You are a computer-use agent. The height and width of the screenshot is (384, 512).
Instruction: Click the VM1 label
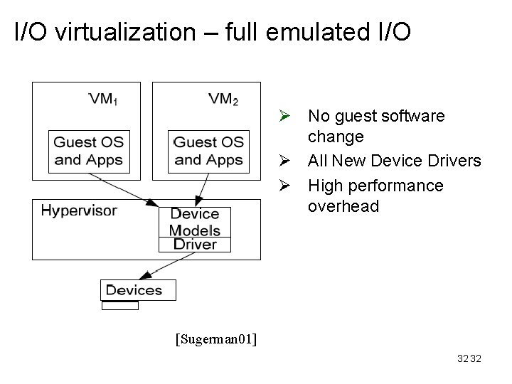(x=103, y=99)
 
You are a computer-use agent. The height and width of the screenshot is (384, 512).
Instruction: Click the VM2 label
(x=223, y=99)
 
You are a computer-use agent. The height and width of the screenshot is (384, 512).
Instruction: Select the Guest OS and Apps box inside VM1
(x=89, y=151)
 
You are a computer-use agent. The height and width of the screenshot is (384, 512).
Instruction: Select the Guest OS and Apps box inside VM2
(x=208, y=151)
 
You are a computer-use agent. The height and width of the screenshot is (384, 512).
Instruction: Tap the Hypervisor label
(x=78, y=210)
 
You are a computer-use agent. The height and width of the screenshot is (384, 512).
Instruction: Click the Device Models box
(x=195, y=222)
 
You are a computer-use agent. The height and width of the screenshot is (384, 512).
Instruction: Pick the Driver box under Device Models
(x=195, y=244)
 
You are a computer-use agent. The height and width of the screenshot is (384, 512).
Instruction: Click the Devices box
(x=134, y=289)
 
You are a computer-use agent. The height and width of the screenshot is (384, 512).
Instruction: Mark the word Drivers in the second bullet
(x=457, y=161)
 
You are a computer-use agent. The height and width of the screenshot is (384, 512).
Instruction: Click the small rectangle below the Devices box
(x=120, y=305)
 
